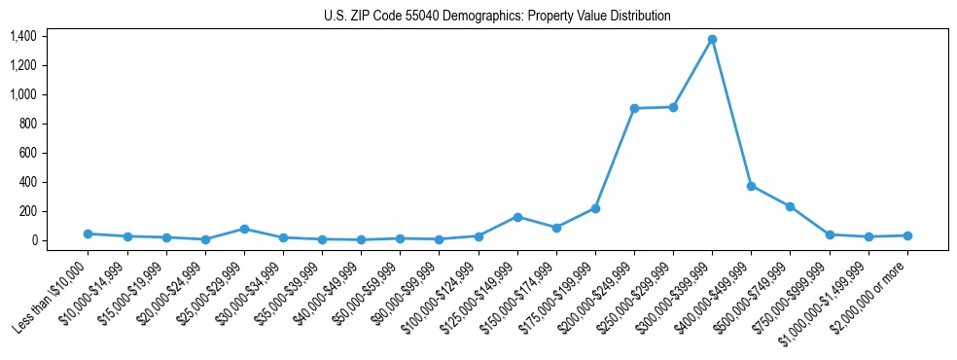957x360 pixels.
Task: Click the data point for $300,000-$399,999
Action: tap(712, 39)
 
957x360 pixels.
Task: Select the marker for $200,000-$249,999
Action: tap(634, 108)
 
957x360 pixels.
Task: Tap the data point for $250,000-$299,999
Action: tap(673, 107)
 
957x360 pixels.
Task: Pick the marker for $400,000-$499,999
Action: tap(751, 186)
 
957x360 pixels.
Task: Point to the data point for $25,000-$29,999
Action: tap(244, 229)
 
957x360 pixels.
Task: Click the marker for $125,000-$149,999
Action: tap(517, 217)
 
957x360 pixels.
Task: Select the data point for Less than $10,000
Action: tap(89, 234)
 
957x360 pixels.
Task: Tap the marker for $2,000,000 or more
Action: tap(907, 235)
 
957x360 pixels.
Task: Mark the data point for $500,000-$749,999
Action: tap(790, 206)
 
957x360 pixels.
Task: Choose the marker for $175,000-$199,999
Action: tap(595, 208)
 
